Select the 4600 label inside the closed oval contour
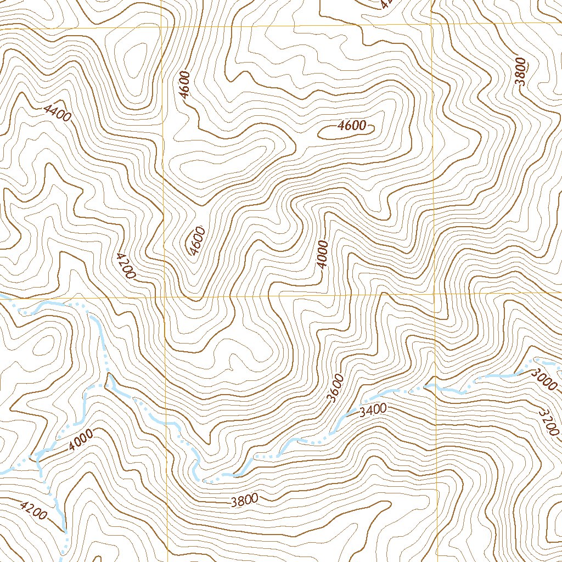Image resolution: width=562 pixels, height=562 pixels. tap(351, 126)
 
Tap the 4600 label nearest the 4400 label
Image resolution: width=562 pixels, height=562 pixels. tap(185, 85)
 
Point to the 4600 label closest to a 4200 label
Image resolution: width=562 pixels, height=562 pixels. tap(196, 240)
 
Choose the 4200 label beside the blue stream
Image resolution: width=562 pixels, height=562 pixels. tap(33, 510)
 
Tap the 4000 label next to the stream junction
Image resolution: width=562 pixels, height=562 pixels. tap(81, 440)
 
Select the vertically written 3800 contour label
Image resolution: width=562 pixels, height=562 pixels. tap(520, 71)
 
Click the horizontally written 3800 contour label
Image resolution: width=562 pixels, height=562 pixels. tap(244, 500)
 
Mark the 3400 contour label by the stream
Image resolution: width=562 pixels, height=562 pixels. tap(374, 409)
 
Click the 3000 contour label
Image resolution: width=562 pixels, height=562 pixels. tap(543, 378)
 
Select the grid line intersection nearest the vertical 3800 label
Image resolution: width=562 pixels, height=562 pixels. tap(432, 25)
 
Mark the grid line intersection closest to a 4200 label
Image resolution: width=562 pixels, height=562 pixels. tap(164, 296)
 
